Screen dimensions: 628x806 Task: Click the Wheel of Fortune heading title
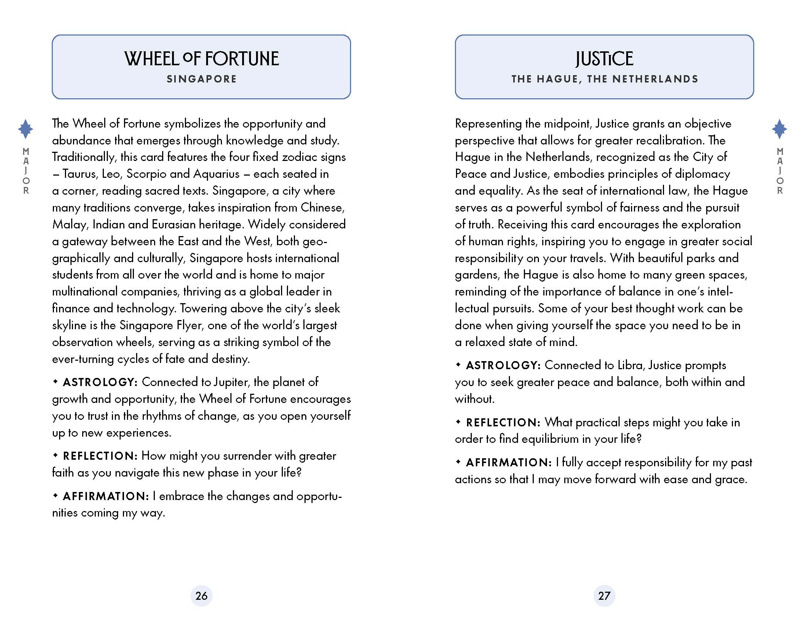point(201,59)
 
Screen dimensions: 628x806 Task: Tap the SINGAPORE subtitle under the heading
point(201,79)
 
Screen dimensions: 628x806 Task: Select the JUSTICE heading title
point(604,59)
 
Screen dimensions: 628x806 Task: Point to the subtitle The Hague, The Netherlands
point(605,79)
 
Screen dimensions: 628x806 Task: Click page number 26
point(201,595)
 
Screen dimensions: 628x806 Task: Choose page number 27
point(604,595)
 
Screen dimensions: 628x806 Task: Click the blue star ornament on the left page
point(25,129)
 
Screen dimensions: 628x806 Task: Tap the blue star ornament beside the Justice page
point(780,129)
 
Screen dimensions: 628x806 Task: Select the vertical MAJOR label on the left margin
point(26,171)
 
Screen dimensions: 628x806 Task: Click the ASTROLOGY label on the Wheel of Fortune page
point(100,382)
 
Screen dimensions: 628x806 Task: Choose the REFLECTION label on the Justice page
point(503,422)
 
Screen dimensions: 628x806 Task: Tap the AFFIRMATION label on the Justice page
point(508,462)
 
